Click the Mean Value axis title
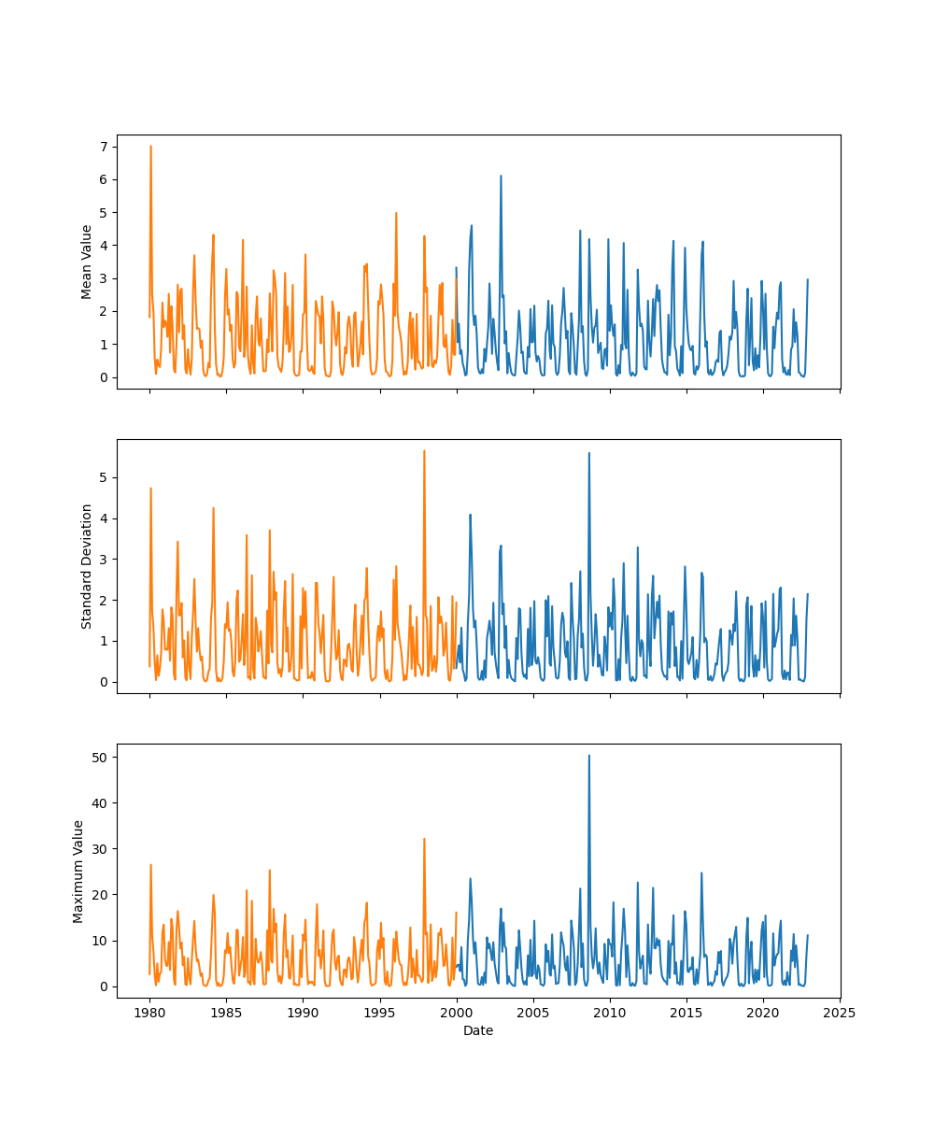(87, 262)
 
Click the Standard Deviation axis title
(87, 566)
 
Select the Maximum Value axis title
(78, 871)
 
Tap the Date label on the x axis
(478, 1030)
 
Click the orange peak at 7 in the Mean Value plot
(150, 147)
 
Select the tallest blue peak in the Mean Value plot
(501, 176)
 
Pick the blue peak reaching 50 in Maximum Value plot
(588, 756)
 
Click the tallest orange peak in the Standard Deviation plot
(424, 451)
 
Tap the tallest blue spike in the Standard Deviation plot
(588, 453)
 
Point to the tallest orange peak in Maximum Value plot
(424, 839)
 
